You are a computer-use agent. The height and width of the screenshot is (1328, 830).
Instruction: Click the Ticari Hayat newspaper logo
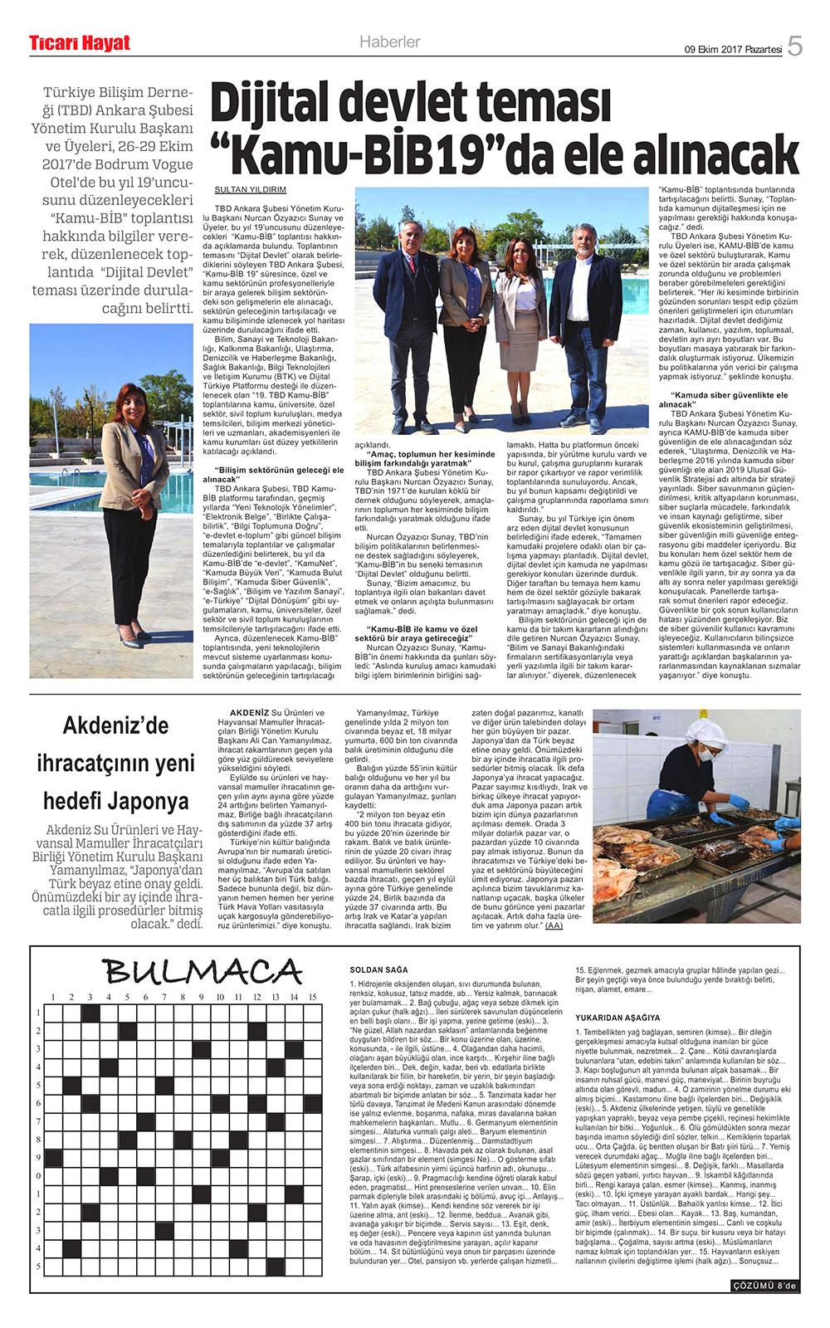point(80,43)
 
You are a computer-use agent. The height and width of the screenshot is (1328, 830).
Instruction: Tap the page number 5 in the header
point(794,46)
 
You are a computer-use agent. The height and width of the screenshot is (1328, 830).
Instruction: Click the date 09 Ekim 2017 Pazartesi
point(733,49)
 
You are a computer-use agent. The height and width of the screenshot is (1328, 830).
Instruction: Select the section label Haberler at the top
point(389,42)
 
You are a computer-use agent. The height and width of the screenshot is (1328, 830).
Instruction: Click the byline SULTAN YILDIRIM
point(250,189)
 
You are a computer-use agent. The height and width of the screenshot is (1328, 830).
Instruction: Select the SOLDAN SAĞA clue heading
point(378,970)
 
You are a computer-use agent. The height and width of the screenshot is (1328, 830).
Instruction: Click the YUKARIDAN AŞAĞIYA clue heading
point(618,1018)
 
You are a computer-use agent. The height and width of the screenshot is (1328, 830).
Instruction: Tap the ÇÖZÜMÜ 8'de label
point(764,1286)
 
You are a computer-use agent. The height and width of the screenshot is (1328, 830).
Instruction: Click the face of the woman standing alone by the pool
point(132,402)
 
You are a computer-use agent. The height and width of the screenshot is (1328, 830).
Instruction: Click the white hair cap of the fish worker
point(705,730)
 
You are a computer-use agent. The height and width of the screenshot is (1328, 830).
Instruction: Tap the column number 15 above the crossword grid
point(312,997)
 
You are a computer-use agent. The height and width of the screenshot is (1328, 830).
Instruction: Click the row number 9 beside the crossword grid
point(38,1157)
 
